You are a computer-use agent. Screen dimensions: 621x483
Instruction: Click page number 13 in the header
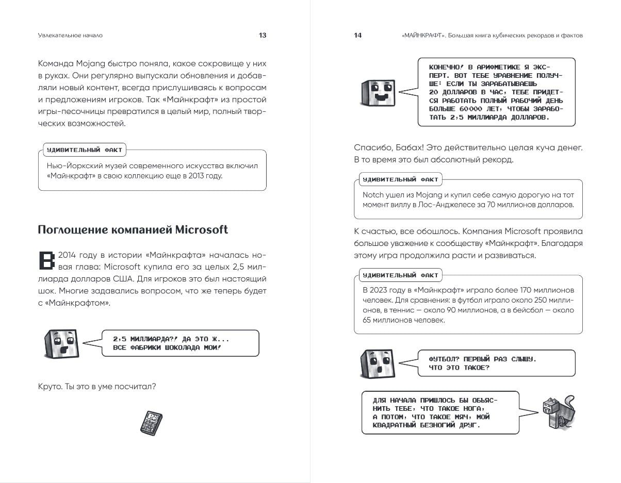point(263,36)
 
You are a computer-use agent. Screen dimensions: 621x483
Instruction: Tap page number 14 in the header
point(357,36)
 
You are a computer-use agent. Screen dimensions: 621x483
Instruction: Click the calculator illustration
point(151,423)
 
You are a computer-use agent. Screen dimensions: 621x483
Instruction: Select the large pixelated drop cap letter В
point(46,260)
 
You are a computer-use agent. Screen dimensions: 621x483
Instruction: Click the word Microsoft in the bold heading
point(202,230)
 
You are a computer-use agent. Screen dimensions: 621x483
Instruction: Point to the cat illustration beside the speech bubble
point(558,412)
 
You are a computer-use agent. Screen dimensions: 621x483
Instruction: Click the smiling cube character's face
point(378,93)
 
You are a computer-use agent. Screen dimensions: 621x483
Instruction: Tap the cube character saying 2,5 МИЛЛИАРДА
point(61,344)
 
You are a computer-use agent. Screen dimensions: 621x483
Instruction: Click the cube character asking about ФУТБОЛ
point(378,363)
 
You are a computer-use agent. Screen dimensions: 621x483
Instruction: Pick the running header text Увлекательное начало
point(70,36)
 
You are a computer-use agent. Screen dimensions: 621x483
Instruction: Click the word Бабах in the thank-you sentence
point(410,147)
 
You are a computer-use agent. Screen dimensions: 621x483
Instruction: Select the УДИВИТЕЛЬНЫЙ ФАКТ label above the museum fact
point(85,150)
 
